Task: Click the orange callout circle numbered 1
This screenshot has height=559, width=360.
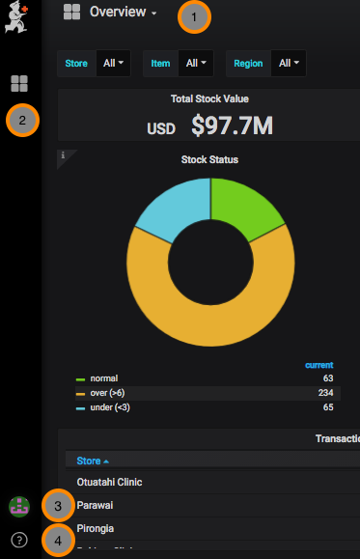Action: (x=194, y=16)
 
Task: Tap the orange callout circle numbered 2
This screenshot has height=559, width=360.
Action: (x=22, y=121)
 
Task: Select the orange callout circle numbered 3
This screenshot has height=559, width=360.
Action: (x=59, y=505)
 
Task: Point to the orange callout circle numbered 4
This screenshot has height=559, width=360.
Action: (x=59, y=541)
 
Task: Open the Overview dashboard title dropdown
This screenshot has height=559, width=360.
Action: (x=123, y=13)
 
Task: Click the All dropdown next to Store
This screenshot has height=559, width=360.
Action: (x=115, y=64)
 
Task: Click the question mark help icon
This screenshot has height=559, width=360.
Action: (x=20, y=539)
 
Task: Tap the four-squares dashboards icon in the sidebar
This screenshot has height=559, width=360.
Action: (x=20, y=83)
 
